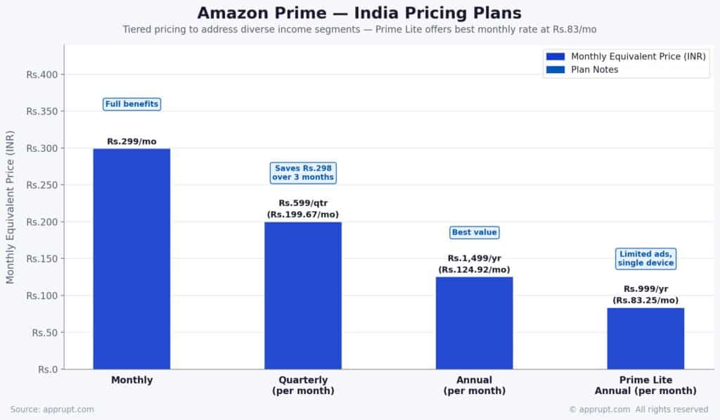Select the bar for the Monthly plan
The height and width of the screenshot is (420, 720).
click(131, 258)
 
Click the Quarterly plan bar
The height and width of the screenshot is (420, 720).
click(303, 295)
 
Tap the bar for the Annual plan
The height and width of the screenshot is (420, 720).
click(474, 323)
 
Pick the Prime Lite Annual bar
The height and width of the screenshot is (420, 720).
click(645, 338)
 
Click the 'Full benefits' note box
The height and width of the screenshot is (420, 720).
click(132, 104)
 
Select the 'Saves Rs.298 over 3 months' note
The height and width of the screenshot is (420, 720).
click(303, 172)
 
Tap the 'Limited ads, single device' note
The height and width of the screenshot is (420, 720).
click(645, 258)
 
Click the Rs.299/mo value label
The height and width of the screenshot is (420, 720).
click(132, 141)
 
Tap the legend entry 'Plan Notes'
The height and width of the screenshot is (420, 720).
click(594, 70)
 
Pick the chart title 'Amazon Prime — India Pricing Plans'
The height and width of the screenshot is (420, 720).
click(359, 13)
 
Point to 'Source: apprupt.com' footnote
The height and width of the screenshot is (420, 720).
click(52, 409)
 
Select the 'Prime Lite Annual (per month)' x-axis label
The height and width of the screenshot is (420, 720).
click(645, 386)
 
